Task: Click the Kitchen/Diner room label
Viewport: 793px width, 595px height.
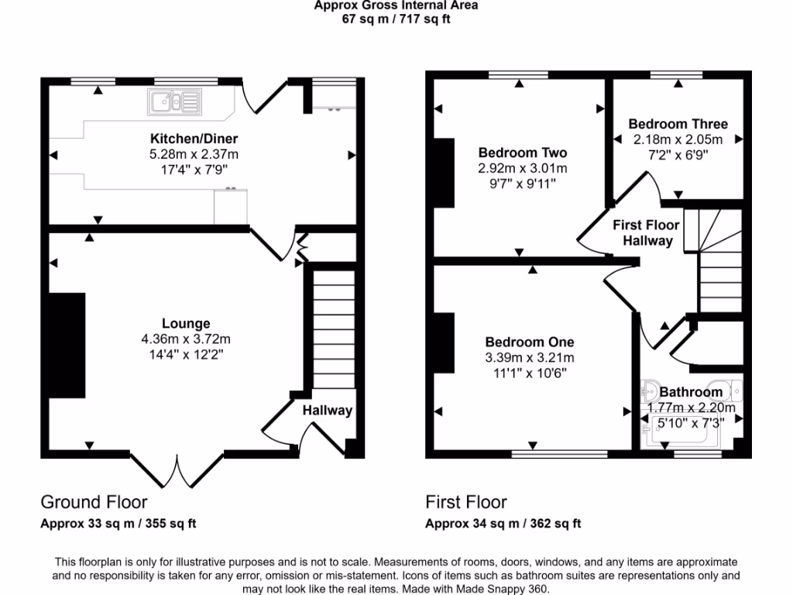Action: pyautogui.click(x=194, y=139)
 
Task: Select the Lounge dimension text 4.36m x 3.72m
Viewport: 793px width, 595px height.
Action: pyautogui.click(x=186, y=339)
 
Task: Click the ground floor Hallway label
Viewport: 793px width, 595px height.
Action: pyautogui.click(x=327, y=411)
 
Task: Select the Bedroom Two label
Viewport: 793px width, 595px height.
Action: pyautogui.click(x=523, y=153)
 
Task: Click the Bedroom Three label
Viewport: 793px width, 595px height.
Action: pyautogui.click(x=678, y=124)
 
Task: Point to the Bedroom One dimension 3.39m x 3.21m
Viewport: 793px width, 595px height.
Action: pyautogui.click(x=530, y=357)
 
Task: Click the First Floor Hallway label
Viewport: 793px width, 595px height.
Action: pyautogui.click(x=646, y=232)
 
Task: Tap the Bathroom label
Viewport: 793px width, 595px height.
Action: pyautogui.click(x=691, y=392)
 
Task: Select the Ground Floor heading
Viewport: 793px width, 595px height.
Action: pyautogui.click(x=94, y=503)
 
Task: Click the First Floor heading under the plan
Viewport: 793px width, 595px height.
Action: pyautogui.click(x=466, y=503)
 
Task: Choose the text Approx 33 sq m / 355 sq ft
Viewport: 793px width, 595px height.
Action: pyautogui.click(x=118, y=524)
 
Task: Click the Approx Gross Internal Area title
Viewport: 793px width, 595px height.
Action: pyautogui.click(x=396, y=5)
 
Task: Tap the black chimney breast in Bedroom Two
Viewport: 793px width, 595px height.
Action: pyautogui.click(x=445, y=173)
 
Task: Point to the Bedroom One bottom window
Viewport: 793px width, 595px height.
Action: pyautogui.click(x=559, y=454)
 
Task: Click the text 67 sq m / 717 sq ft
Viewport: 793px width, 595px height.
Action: pyautogui.click(x=396, y=19)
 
